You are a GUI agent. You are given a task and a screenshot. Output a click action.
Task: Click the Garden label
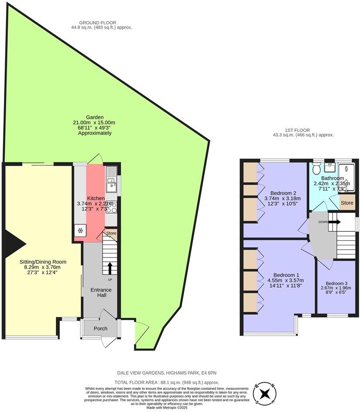point(94,117)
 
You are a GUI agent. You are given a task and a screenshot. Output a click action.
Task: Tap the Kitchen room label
point(96,198)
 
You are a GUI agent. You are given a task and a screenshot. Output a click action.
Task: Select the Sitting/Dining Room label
point(42,261)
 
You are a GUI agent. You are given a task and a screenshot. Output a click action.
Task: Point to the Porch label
point(100,329)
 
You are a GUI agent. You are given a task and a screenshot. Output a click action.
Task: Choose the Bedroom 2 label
point(283,193)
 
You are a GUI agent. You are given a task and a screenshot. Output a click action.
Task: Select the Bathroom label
point(333,178)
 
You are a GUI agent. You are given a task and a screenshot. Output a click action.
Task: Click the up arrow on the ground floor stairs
point(110,268)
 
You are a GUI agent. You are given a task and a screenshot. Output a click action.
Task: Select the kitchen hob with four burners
point(111,207)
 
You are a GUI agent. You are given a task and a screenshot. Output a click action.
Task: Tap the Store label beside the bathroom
point(347,203)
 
